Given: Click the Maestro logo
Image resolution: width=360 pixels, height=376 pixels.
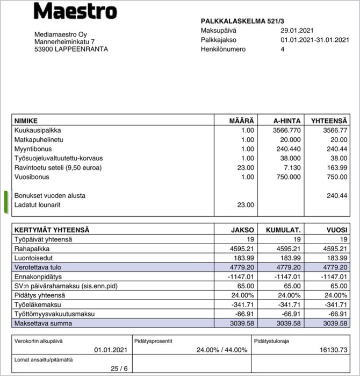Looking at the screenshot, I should tap(75, 11).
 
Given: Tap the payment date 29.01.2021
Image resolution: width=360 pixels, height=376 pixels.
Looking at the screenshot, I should tap(297, 31).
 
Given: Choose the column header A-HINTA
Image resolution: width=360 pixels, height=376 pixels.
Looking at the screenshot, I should tap(286, 120).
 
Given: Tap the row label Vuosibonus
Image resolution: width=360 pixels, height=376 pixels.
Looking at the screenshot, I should tap(32, 177).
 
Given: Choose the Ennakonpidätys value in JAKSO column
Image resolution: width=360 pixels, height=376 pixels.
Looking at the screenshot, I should tap(241, 276).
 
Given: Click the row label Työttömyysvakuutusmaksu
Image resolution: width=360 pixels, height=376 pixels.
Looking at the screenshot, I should tap(54, 314).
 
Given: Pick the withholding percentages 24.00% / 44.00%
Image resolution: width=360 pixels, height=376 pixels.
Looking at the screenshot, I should tap(222, 350).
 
